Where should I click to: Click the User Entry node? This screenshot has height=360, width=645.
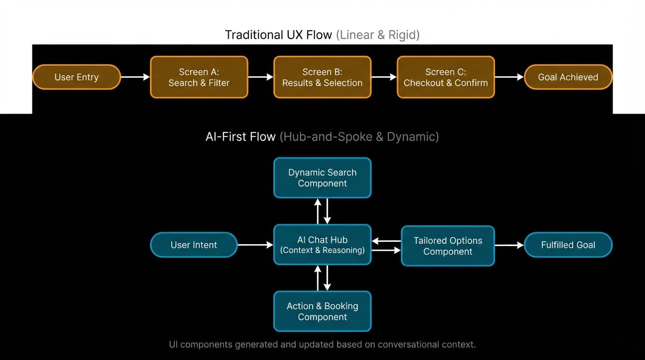click(76, 77)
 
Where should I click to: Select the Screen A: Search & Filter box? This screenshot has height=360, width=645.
click(199, 77)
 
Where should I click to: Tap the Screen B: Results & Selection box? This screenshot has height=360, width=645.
click(322, 77)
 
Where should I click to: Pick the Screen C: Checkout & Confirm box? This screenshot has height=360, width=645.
click(446, 77)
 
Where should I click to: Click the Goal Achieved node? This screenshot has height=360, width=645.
click(568, 77)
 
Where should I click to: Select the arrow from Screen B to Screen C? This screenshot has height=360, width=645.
click(384, 77)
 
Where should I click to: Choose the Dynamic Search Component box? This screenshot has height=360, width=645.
click(322, 178)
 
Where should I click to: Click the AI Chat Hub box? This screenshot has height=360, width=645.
click(322, 245)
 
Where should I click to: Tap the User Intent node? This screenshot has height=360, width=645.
click(194, 245)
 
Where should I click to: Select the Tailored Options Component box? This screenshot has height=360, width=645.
click(448, 246)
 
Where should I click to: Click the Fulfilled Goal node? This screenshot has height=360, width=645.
click(568, 245)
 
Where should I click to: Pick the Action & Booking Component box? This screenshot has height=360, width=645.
click(322, 311)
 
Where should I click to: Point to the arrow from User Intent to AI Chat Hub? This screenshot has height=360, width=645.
click(255, 245)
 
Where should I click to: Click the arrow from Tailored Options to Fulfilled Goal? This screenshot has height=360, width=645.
click(510, 245)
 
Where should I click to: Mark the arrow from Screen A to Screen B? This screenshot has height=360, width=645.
click(261, 77)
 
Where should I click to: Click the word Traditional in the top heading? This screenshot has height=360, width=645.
click(250, 35)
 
